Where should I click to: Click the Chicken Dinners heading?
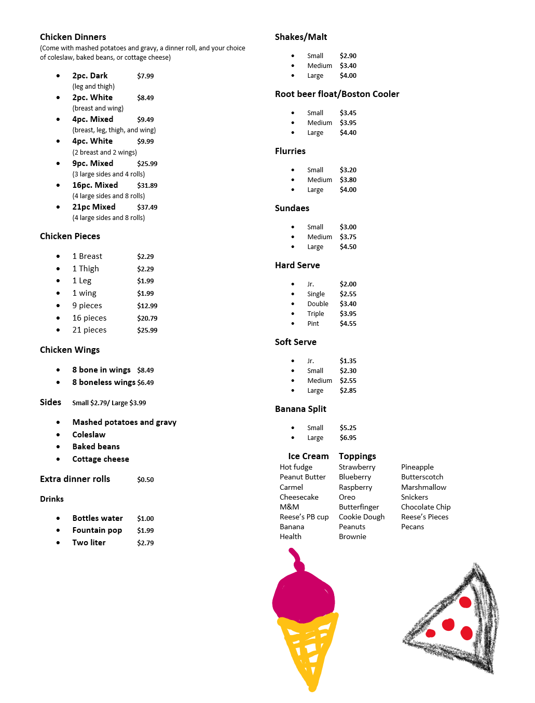[73, 37]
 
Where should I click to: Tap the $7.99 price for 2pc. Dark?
[145, 76]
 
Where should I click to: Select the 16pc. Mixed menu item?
[95, 185]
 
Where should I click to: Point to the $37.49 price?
[147, 207]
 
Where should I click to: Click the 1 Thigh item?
[86, 269]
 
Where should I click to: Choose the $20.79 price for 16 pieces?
[147, 318]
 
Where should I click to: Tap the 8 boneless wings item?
[104, 382]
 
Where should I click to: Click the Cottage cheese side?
[101, 459]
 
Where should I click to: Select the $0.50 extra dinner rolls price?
[145, 479]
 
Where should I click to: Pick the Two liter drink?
[89, 543]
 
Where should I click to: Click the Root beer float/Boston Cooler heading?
[337, 94]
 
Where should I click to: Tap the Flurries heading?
[290, 151]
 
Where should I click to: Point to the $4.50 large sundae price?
[348, 247]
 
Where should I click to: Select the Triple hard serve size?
[315, 314]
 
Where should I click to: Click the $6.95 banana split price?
[348, 438]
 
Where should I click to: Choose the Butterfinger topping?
[359, 507]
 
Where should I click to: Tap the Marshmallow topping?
[423, 487]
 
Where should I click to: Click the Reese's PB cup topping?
[304, 517]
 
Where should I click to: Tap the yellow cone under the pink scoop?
[309, 649]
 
